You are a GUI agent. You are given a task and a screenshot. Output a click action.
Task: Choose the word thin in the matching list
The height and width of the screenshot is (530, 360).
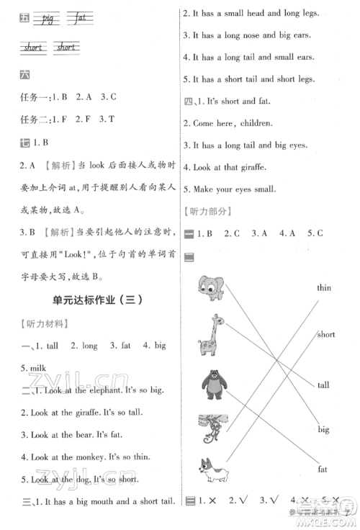point(324,288)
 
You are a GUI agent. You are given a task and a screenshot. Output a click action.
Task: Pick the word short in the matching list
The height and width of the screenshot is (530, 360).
point(325,335)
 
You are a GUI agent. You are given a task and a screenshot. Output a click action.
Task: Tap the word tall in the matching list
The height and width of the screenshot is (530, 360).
point(323,385)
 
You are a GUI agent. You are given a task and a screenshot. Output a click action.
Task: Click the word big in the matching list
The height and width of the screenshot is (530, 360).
point(323,429)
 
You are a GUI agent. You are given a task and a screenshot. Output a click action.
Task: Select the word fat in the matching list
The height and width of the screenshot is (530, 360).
point(323,470)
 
